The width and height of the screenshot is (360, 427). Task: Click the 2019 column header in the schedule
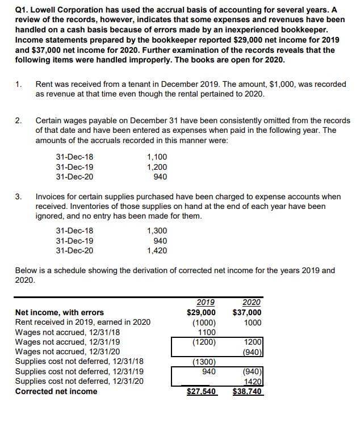click(205, 303)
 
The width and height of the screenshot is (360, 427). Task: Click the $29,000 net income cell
click(202, 312)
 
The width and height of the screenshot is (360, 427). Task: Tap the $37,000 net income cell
click(247, 312)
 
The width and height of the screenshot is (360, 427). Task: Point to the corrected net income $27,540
click(202, 391)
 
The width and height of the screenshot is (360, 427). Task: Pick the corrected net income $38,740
click(248, 391)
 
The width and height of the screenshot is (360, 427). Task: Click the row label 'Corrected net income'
click(56, 391)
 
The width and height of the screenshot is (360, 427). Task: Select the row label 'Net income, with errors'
click(60, 312)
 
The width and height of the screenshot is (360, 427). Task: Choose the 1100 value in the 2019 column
click(206, 332)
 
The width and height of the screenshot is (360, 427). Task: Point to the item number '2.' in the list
click(19, 121)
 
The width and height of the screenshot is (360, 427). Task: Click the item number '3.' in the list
click(19, 196)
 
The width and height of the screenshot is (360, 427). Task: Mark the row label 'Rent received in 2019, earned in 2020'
click(83, 322)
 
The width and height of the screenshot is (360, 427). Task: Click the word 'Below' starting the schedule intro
click(27, 270)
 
